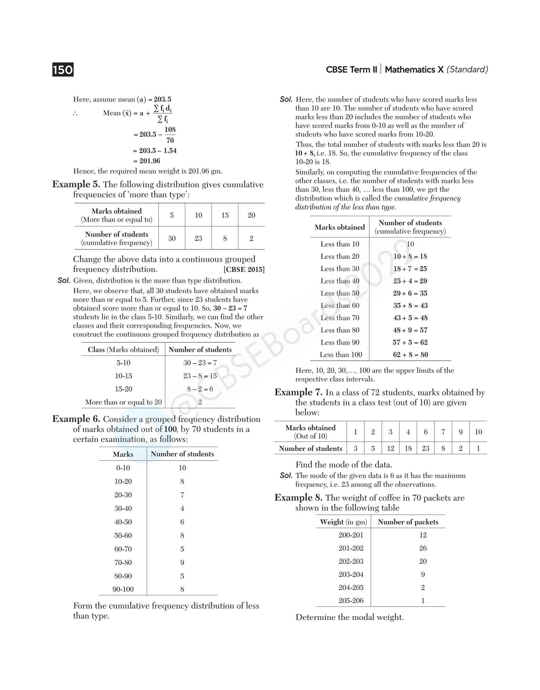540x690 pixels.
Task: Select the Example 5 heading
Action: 76,184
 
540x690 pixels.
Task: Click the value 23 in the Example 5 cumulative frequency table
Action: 198,238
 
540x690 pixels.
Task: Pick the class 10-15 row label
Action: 123,376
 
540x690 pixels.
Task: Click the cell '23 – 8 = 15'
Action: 200,376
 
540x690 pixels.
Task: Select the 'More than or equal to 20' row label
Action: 123,402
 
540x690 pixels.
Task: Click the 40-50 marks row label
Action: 123,522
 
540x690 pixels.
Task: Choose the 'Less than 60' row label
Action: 340,305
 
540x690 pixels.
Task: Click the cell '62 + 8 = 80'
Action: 410,355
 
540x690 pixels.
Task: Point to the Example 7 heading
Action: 298,392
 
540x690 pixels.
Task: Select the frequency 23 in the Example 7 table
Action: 426,448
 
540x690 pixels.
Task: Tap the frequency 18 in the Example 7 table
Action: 408,448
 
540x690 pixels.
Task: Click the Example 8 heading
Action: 298,498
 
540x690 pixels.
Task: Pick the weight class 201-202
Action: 351,548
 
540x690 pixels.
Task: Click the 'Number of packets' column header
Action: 408,522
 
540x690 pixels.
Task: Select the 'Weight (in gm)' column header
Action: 343,522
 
